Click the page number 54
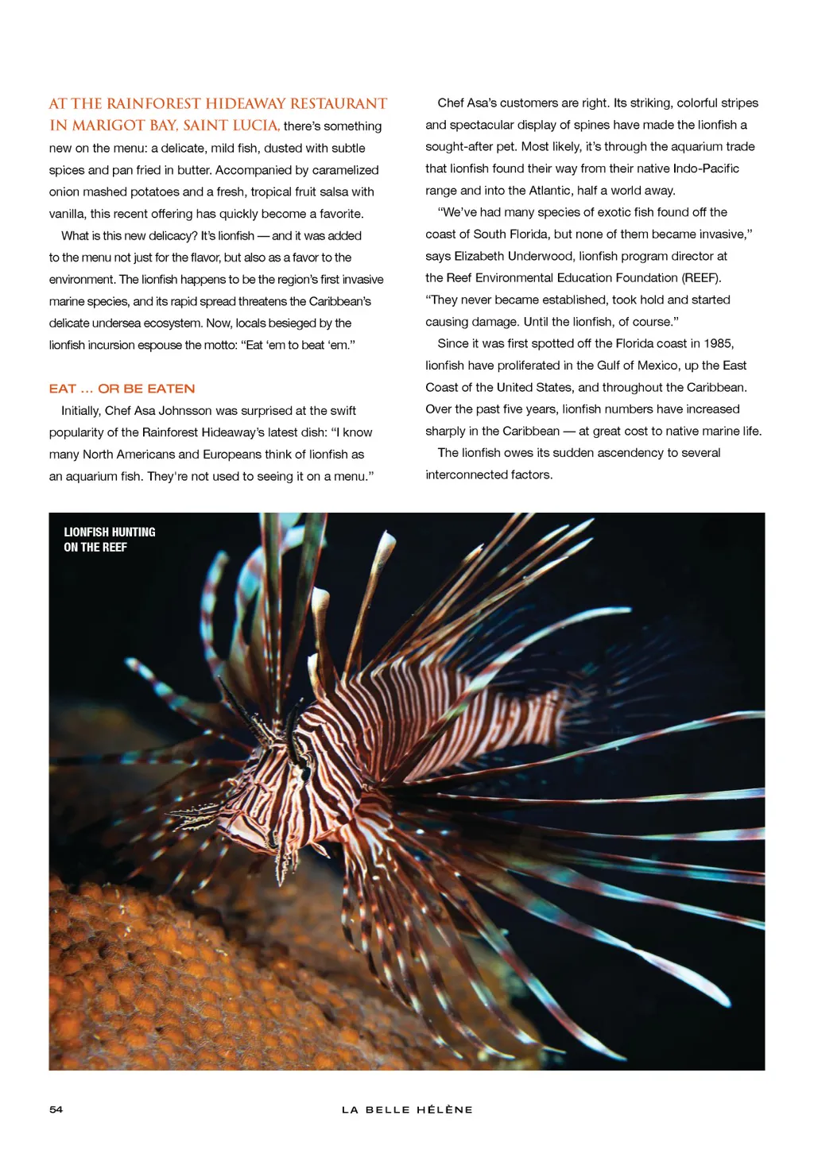tap(56, 1109)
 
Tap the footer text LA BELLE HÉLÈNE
tap(407, 1109)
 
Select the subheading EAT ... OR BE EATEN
tap(122, 389)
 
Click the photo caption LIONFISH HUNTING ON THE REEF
tap(109, 540)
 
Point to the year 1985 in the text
tap(718, 343)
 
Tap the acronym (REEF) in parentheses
tap(701, 277)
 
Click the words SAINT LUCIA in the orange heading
tap(231, 126)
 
